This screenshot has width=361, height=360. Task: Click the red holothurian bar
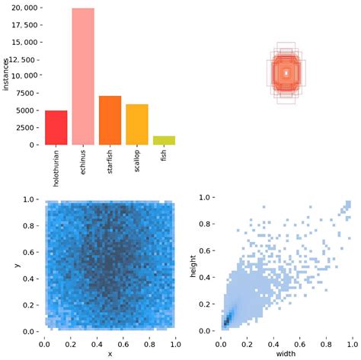click(x=56, y=128)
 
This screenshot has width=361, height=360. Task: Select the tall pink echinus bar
click(x=83, y=76)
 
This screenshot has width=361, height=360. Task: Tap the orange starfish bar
click(x=110, y=120)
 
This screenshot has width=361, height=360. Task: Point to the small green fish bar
click(x=164, y=140)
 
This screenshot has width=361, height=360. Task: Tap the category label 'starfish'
click(x=110, y=162)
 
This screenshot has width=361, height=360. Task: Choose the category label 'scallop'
click(x=137, y=161)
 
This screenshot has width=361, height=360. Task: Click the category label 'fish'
click(x=164, y=155)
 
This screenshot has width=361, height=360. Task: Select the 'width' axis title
click(x=286, y=352)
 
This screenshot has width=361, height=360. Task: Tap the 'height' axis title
click(x=194, y=265)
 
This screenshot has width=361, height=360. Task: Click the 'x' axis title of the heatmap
click(x=110, y=353)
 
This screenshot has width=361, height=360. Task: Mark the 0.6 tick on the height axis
click(x=206, y=251)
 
